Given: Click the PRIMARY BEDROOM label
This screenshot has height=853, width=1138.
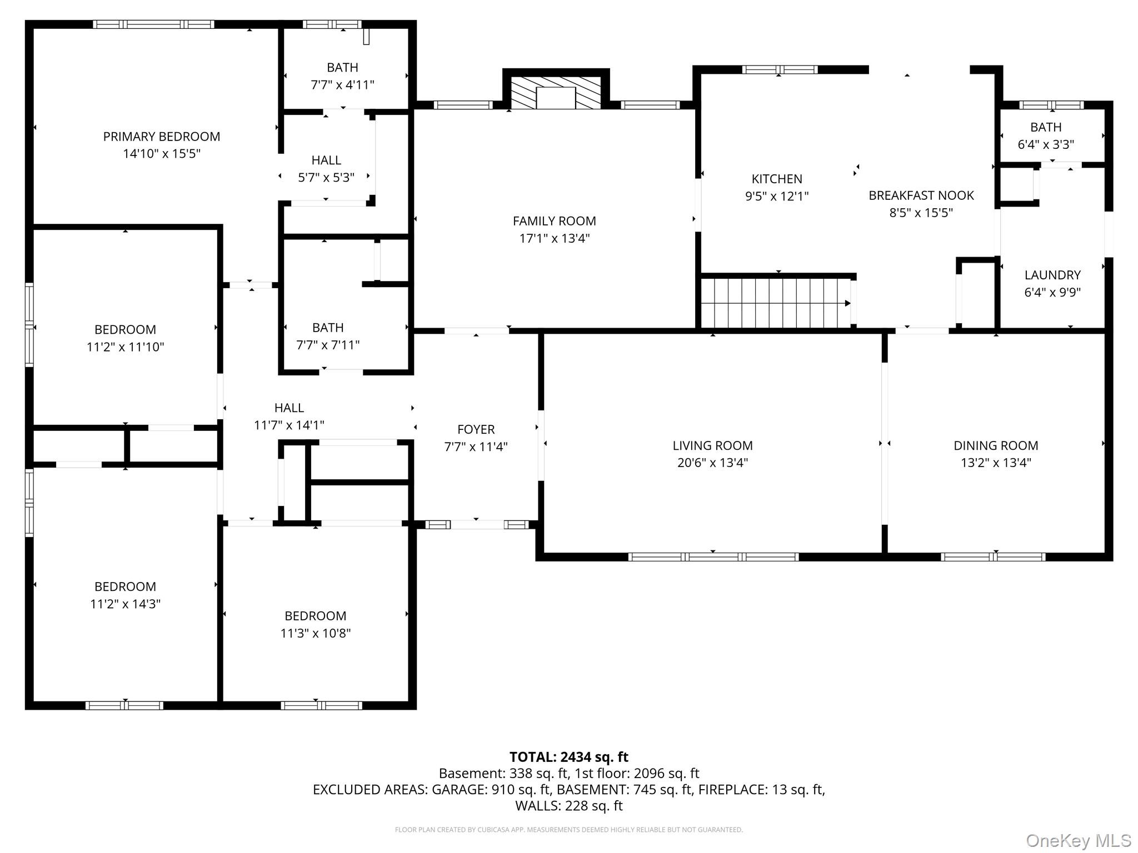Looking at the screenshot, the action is (162, 137).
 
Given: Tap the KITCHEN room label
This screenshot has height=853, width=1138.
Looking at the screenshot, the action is (777, 179).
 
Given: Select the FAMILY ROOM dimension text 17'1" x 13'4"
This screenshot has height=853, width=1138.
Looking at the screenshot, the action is (555, 238).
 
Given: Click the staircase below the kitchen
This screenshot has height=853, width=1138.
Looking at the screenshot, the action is (776, 303).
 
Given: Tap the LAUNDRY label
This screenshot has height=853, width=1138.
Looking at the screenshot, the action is (1052, 275).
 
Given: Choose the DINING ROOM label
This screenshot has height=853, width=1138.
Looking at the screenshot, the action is (996, 445).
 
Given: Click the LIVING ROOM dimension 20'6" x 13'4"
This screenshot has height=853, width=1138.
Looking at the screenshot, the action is (712, 463).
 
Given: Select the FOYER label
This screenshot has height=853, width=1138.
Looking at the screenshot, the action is (476, 429).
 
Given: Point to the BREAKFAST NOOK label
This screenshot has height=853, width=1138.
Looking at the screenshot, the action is (921, 195).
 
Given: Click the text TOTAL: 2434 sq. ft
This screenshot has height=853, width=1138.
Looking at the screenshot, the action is (569, 757).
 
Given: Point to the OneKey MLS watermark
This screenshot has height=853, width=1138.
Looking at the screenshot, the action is (1079, 841).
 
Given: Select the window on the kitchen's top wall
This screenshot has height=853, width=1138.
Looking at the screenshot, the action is (780, 69).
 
